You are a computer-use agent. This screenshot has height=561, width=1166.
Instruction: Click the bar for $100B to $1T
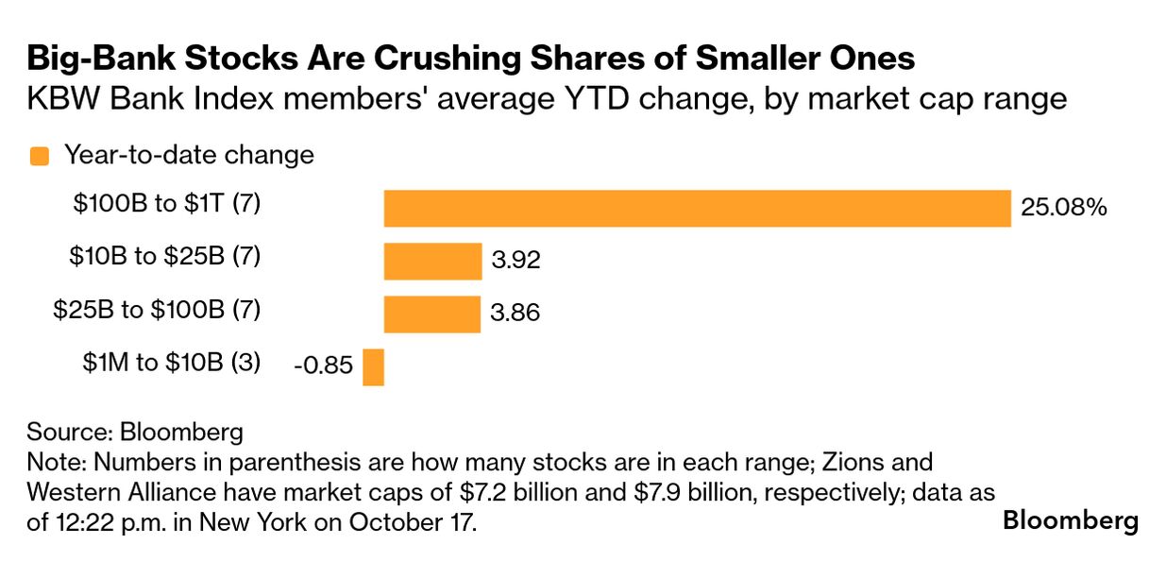pyautogui.click(x=697, y=208)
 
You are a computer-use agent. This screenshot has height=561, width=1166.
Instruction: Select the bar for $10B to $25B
pyautogui.click(x=432, y=261)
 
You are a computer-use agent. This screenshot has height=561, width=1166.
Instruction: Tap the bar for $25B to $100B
pyautogui.click(x=432, y=314)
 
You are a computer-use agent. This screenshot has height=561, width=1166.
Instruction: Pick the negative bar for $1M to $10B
pyautogui.click(x=374, y=366)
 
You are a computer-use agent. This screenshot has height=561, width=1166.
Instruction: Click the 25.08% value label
pyautogui.click(x=1063, y=208)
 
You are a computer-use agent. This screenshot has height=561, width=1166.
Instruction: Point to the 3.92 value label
pyautogui.click(x=515, y=261)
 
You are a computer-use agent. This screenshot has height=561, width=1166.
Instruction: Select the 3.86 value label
pyautogui.click(x=515, y=314)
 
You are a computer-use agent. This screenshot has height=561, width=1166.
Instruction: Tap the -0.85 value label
pyautogui.click(x=324, y=366)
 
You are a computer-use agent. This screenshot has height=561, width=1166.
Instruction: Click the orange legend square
pyautogui.click(x=40, y=157)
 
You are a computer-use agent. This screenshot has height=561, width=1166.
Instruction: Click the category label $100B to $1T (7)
pyautogui.click(x=168, y=204)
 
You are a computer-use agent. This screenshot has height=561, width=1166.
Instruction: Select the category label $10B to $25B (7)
pyautogui.click(x=165, y=256)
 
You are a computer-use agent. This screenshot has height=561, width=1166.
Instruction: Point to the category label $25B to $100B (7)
pyautogui.click(x=157, y=309)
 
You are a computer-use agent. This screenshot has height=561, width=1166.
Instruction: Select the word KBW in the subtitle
pyautogui.click(x=56, y=98)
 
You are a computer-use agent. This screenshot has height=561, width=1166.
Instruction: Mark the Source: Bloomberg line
pyautogui.click(x=135, y=433)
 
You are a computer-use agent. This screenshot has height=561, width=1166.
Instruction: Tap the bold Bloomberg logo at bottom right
pyautogui.click(x=1071, y=520)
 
